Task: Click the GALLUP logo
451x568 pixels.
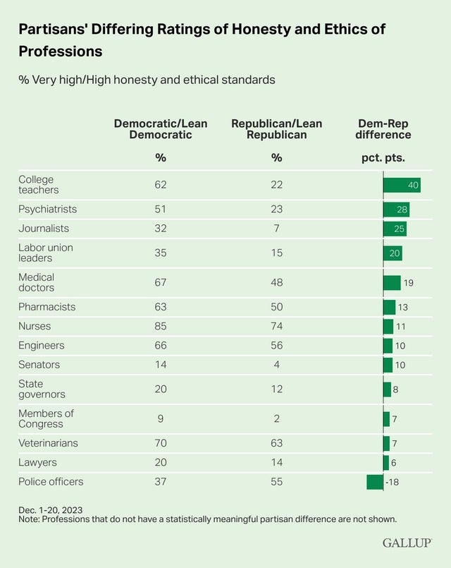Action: click(x=407, y=543)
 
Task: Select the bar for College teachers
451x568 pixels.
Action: click(x=402, y=185)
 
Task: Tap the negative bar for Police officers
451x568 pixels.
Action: click(x=375, y=482)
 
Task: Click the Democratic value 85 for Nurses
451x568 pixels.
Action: click(x=161, y=326)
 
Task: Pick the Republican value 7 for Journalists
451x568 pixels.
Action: click(x=276, y=229)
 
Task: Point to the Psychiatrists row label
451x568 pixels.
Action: click(x=47, y=210)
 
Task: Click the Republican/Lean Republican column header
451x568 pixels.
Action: click(x=276, y=129)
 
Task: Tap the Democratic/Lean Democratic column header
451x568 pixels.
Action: click(x=161, y=129)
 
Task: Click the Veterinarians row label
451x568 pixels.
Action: click(x=48, y=443)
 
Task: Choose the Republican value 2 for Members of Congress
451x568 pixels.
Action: click(x=276, y=418)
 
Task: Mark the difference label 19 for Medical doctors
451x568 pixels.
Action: click(x=407, y=282)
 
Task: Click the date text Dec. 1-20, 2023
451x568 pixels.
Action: click(x=54, y=509)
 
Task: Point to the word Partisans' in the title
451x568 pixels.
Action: click(x=55, y=29)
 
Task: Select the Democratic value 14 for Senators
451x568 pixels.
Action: click(x=161, y=365)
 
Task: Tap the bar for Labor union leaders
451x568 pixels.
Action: click(x=393, y=253)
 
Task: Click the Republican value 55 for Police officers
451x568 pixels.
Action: click(x=276, y=482)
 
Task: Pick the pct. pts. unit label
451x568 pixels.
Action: click(x=383, y=157)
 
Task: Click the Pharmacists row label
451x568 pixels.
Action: click(x=47, y=307)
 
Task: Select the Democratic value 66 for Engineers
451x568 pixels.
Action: click(x=161, y=346)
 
